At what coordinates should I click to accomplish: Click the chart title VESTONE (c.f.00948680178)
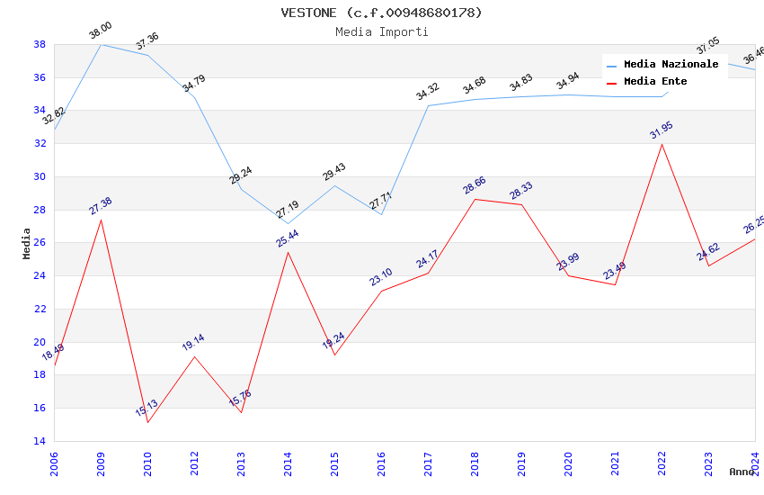pos(381,13)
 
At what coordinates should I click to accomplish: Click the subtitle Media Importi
pos(381,31)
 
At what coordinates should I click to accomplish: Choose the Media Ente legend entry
pos(655,81)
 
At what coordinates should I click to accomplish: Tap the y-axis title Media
pos(27,243)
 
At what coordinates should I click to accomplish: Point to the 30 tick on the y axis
pos(40,176)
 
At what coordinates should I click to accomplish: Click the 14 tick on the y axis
pos(40,441)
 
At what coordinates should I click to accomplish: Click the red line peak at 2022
pos(662,144)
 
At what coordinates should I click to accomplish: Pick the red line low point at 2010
pos(147,423)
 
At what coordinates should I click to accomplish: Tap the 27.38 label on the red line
pos(101,206)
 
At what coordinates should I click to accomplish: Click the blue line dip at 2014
pos(289,223)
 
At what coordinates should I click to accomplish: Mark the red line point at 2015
pos(335,355)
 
